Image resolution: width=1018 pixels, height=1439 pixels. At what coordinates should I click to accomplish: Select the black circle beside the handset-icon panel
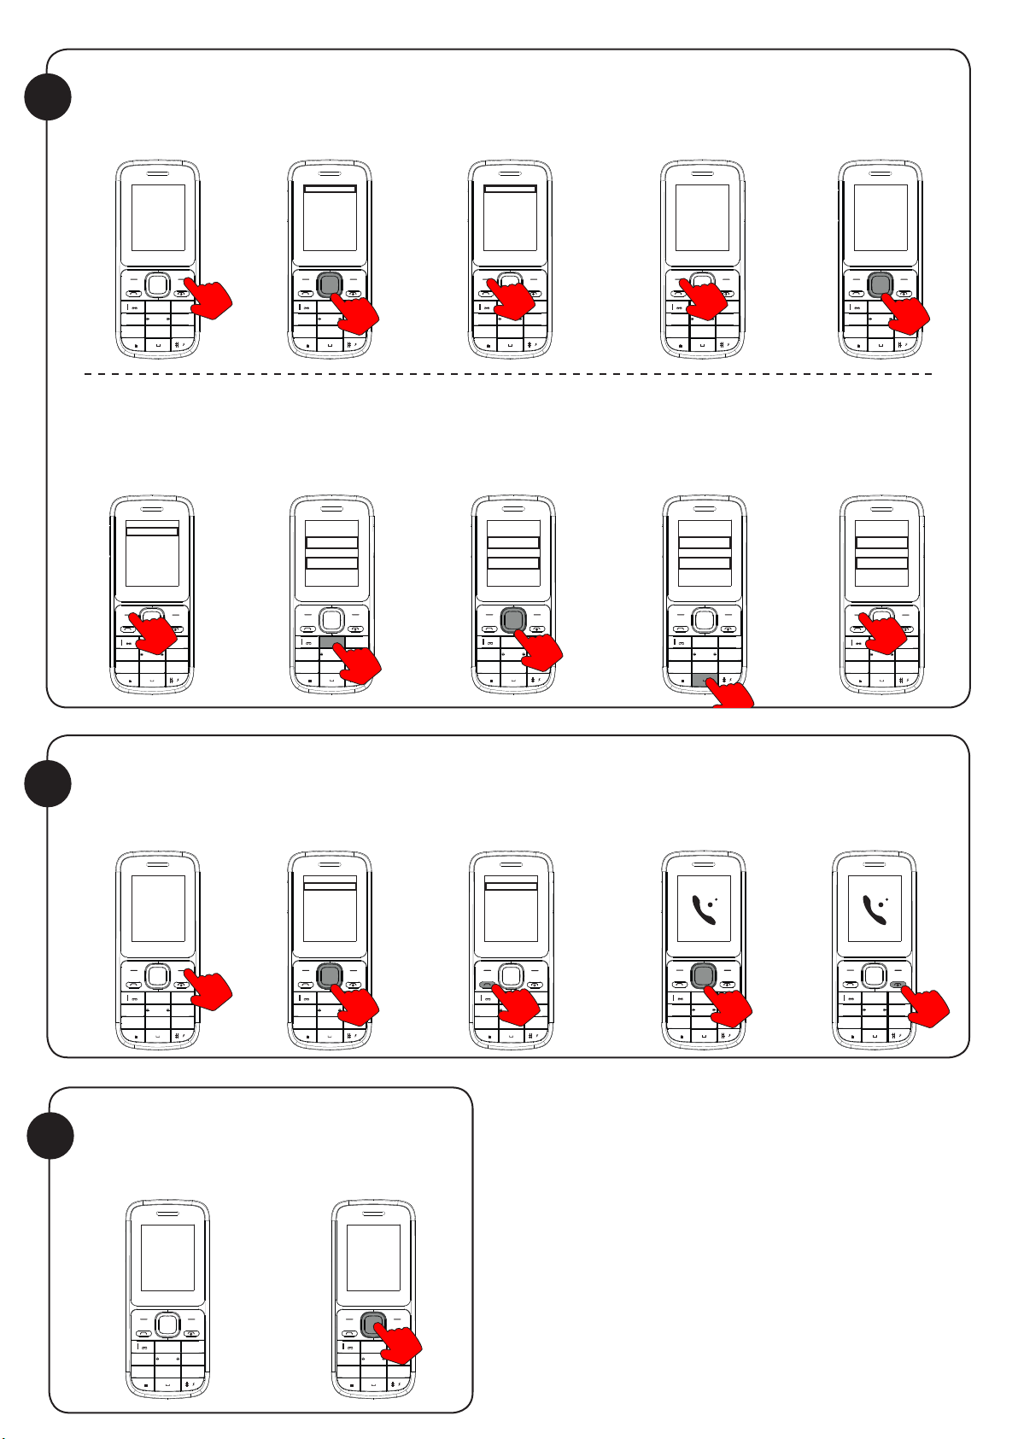48,782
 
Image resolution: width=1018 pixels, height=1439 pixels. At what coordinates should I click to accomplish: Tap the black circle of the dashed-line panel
48,96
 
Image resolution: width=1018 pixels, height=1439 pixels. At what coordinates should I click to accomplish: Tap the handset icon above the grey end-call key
877,910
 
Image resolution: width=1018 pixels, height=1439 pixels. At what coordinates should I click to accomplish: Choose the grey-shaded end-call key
898,984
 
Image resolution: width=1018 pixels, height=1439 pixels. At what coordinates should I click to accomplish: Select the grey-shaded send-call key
487,984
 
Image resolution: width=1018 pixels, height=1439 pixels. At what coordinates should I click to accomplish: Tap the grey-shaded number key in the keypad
331,641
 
